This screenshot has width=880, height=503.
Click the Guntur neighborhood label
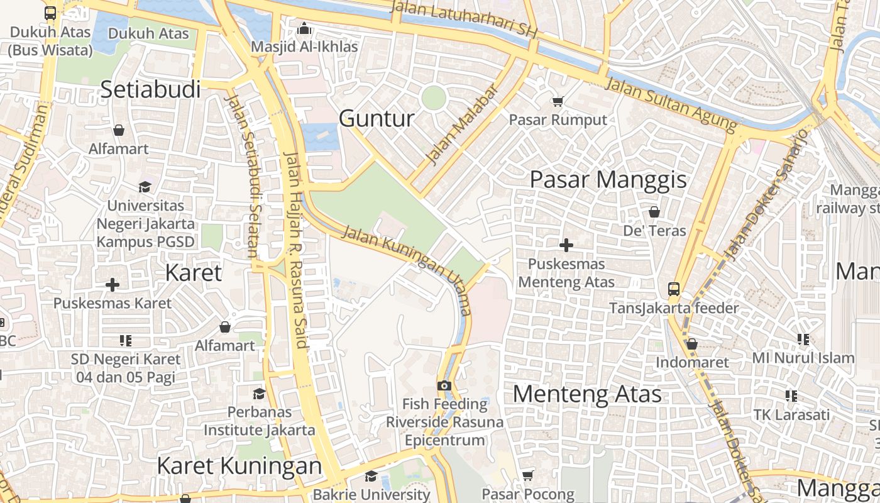point(377,118)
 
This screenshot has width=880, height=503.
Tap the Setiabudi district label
point(150,89)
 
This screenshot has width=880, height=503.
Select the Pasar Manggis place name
point(608,180)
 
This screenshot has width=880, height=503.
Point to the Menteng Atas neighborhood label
point(587,394)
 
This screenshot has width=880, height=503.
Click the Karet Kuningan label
point(239,466)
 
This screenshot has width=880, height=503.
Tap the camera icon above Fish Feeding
point(444,385)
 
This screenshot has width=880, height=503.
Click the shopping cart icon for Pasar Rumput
point(558,101)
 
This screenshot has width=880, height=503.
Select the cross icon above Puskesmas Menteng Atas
point(566,245)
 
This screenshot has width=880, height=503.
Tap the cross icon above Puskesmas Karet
point(113,285)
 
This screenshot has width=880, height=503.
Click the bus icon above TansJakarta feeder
point(673,289)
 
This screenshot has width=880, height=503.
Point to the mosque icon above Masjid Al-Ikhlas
point(304,28)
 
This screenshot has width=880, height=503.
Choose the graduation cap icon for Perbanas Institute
point(259,394)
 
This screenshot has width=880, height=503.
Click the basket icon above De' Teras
point(654,212)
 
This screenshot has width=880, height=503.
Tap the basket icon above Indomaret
point(692,344)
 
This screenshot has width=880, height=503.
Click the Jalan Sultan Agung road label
point(670,104)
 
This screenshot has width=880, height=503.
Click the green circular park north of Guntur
point(434,97)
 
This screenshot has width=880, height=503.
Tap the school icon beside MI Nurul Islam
point(803,340)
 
